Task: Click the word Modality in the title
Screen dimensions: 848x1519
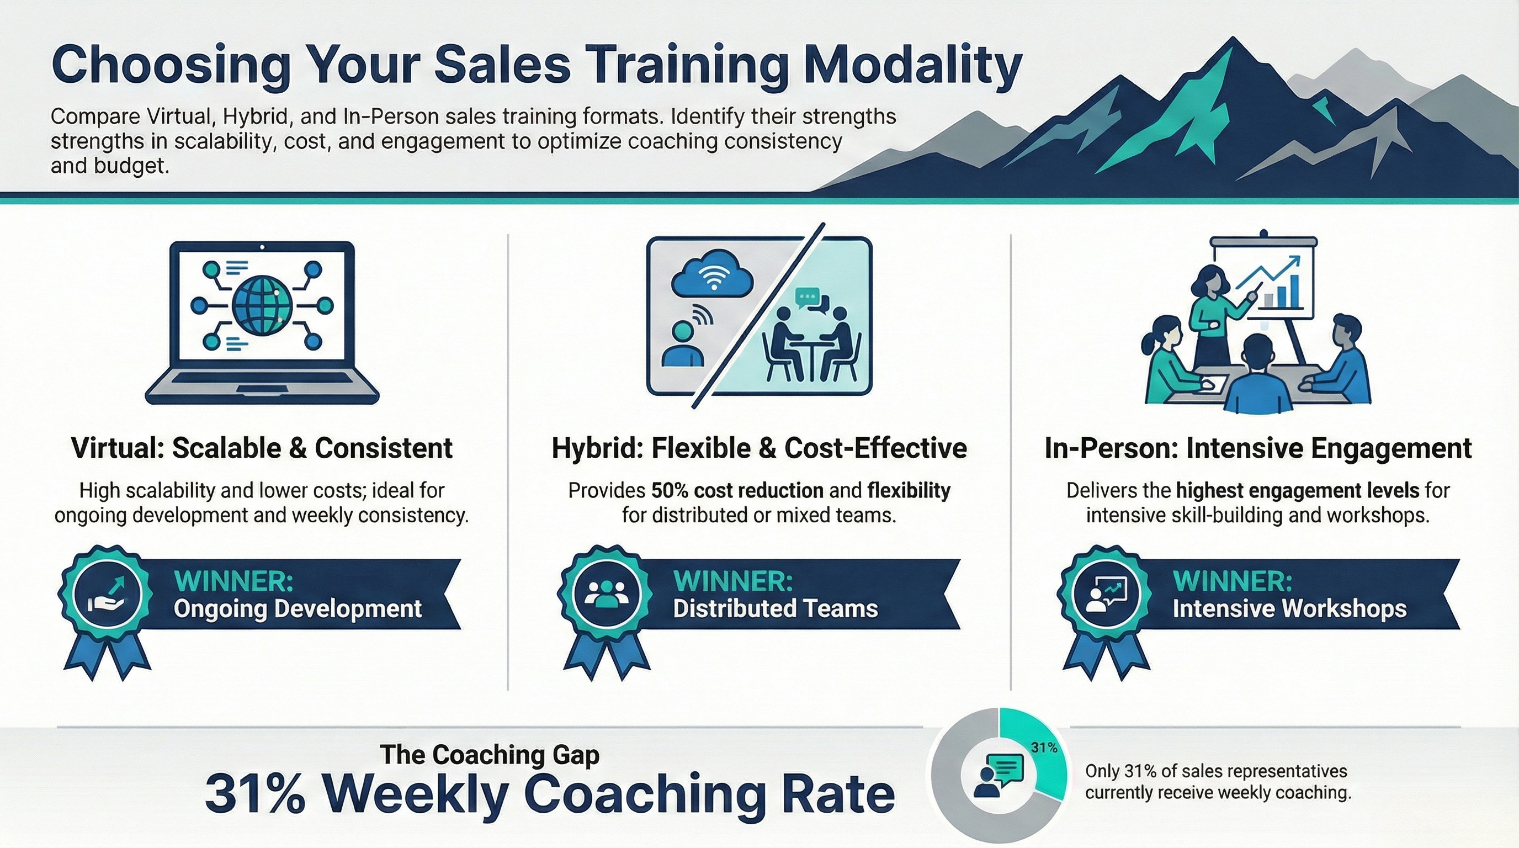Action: click(913, 66)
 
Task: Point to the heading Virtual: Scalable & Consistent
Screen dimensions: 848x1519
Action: click(261, 448)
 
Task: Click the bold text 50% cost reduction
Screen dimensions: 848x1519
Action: click(737, 491)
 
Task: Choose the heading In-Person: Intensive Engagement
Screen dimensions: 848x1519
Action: click(1258, 448)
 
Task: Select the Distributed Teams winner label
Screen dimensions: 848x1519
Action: click(775, 608)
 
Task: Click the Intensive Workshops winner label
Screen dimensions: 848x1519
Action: click(1289, 608)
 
